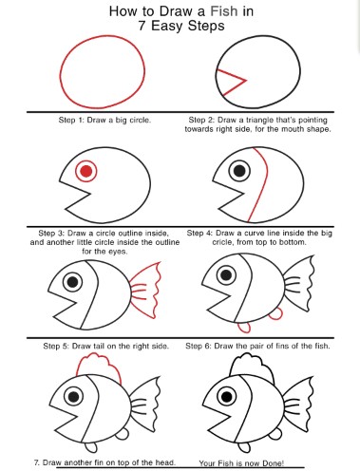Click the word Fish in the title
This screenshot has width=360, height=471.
[224, 11]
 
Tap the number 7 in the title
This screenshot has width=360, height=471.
[142, 26]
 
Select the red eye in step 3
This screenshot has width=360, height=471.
[86, 171]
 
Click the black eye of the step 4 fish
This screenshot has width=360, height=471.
[239, 171]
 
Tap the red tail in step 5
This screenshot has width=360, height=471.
[146, 290]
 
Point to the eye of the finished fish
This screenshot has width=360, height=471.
[227, 396]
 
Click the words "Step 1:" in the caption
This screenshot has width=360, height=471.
[71, 120]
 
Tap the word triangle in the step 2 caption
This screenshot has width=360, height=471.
[260, 121]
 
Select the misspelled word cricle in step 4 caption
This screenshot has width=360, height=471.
[222, 242]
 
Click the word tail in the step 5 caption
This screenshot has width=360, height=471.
[99, 346]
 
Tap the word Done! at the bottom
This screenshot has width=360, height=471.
[274, 463]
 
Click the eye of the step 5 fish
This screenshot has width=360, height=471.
[72, 281]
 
